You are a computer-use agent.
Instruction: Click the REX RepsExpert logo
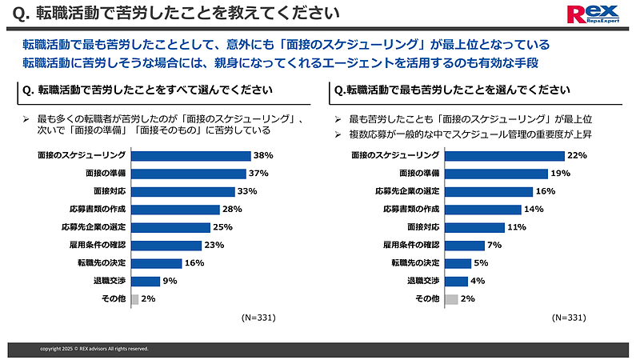[x=592, y=15]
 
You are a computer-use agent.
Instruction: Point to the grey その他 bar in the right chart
[x=450, y=299]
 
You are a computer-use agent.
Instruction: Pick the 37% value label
[x=258, y=174]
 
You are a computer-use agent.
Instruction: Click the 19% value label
[x=559, y=174]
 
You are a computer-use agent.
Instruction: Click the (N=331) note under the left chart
[x=258, y=318]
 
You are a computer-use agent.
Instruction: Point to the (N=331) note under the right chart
[x=568, y=318]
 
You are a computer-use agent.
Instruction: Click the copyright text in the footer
[x=94, y=349]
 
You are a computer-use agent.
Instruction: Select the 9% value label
[x=170, y=281]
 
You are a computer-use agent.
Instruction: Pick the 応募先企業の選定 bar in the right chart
[x=488, y=191]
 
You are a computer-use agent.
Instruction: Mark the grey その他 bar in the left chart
[x=134, y=299]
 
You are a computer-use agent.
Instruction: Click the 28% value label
[x=231, y=210]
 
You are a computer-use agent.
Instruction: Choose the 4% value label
[x=478, y=281]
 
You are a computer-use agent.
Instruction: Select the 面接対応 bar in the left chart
[x=183, y=191]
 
